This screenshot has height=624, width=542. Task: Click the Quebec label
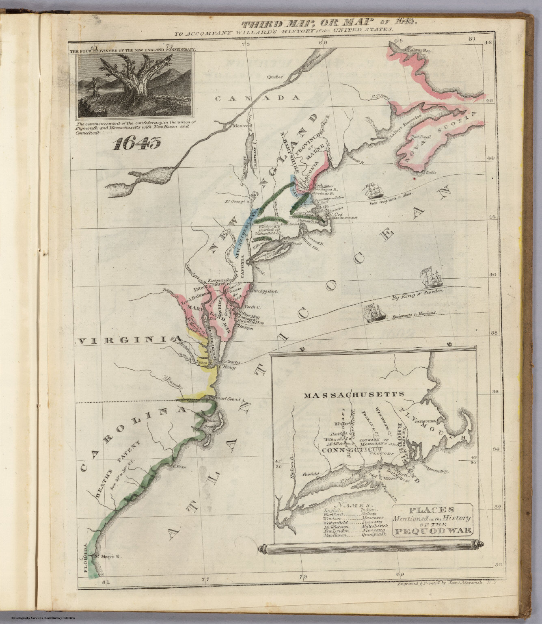[x=274, y=76]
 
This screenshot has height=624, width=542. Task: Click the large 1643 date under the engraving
[x=137, y=143]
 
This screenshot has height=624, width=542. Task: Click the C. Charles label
[x=231, y=361]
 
